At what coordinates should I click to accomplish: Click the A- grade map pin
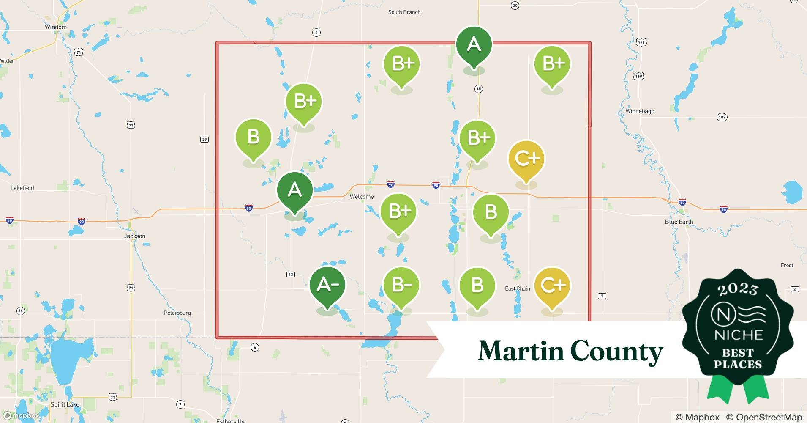coord(327,285)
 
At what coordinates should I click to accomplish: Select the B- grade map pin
coord(401,285)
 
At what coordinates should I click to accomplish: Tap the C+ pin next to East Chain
coord(552,285)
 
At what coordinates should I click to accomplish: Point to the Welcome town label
coord(362,197)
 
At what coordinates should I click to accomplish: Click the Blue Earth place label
coord(679,222)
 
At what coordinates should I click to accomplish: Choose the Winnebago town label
coord(640,111)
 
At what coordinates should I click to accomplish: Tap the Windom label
coord(56,27)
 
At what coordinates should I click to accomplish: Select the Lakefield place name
coord(22,188)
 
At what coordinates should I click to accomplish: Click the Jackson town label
coord(135,236)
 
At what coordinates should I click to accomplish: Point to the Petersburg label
coord(177,313)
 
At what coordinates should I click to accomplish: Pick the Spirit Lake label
coord(65,404)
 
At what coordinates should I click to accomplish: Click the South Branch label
coord(404,12)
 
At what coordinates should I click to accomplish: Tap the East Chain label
coord(518,288)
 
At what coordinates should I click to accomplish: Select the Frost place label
coord(787,265)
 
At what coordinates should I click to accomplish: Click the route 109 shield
coord(722,117)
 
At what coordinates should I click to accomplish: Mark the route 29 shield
coord(204,140)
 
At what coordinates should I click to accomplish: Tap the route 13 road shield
coord(291,275)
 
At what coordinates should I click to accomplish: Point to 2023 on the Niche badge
coord(738,289)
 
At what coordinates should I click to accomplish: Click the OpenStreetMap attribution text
coord(764,417)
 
